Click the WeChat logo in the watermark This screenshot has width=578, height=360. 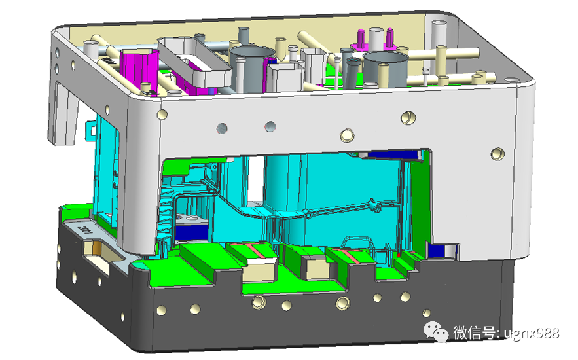click(x=436, y=331)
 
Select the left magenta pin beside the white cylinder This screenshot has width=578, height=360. click(x=361, y=40)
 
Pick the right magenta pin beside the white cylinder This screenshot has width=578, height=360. click(x=389, y=39)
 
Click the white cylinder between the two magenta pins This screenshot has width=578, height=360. click(x=376, y=40)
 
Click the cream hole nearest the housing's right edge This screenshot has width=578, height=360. click(x=497, y=153)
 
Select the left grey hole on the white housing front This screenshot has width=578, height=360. click(x=221, y=128)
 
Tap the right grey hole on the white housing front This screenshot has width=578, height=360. click(x=270, y=127)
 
